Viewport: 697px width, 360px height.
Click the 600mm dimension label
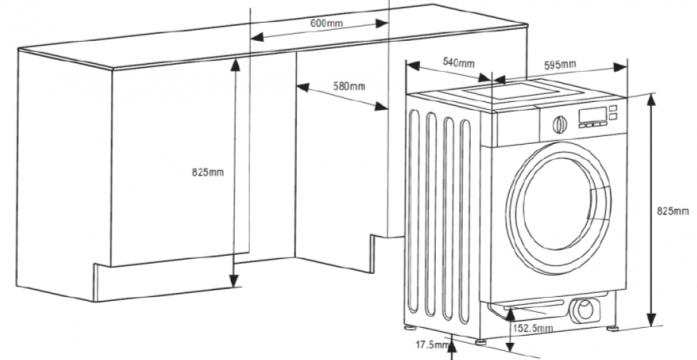coord(326,23)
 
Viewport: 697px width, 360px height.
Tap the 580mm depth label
coord(349,86)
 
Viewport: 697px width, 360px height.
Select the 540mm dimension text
coord(458,63)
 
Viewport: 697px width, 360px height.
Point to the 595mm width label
coord(560,65)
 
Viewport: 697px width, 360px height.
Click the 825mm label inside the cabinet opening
coord(208,172)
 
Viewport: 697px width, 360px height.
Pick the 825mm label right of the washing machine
coord(673,211)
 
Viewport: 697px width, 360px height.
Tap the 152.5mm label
coord(533,328)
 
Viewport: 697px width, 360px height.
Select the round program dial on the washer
coord(560,125)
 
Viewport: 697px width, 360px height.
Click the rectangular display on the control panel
coord(593,116)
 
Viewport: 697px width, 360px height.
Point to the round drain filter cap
coord(585,309)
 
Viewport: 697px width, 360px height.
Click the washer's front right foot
coord(613,329)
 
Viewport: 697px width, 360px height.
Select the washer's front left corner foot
coord(481,342)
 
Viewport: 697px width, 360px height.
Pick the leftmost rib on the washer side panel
coord(414,211)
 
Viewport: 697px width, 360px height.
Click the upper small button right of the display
coord(613,108)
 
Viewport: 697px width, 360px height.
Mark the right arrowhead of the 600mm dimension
coord(382,23)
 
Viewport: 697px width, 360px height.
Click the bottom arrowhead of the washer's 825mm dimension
coord(651,319)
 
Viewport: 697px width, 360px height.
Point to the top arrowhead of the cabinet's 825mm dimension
coord(235,65)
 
